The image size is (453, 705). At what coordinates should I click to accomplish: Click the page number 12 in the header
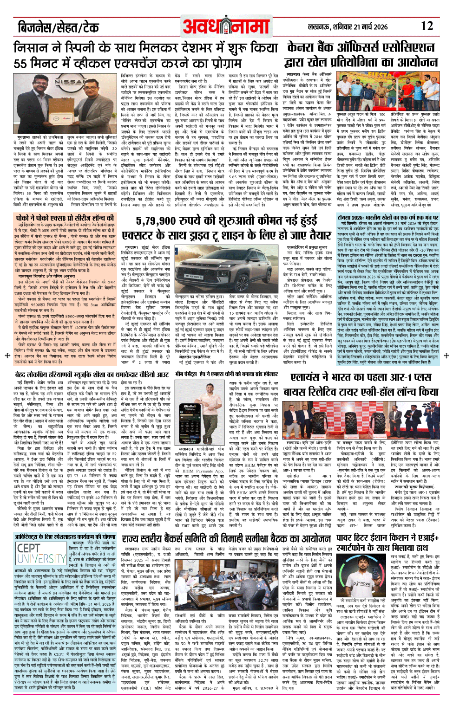[427, 26]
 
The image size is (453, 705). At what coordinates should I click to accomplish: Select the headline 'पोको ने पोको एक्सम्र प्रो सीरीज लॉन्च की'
[65, 218]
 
